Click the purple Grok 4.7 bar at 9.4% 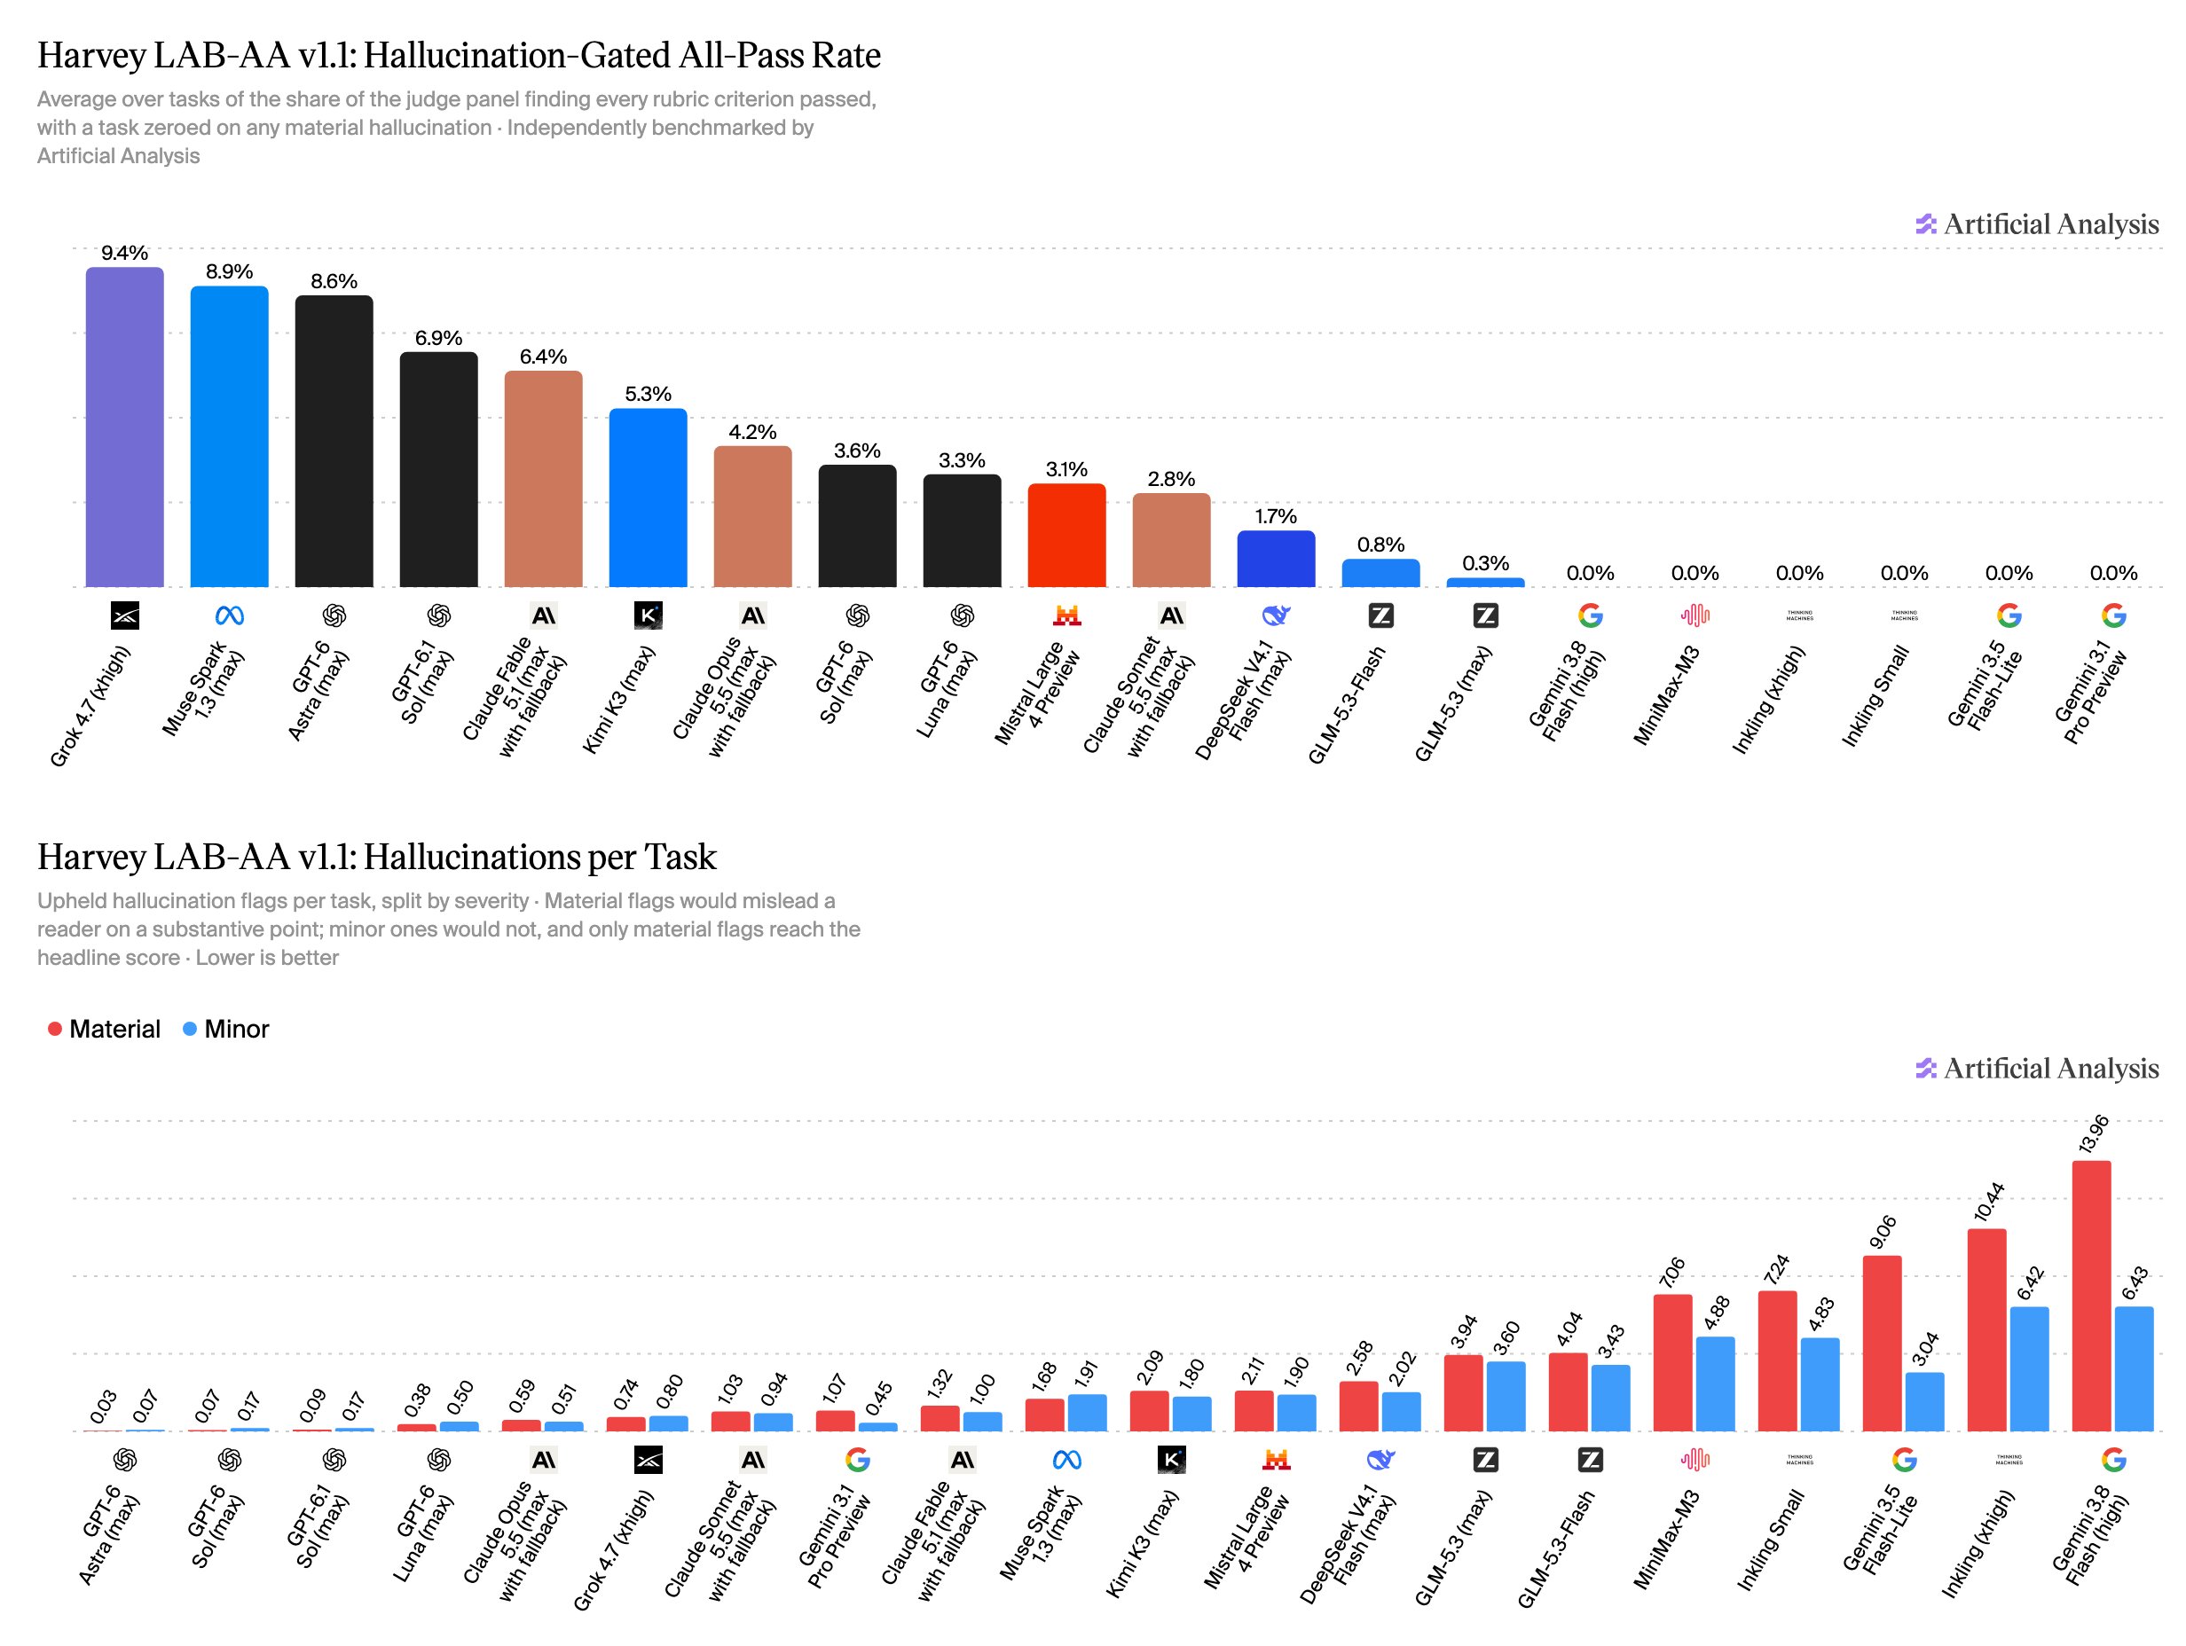coord(124,427)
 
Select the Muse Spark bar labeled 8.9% coord(229,436)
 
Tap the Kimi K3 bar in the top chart coord(649,498)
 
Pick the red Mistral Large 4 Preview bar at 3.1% coord(1066,536)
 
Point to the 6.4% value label coord(544,357)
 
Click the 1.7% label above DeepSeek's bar coord(1276,517)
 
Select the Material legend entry coord(104,1029)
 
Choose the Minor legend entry coord(226,1029)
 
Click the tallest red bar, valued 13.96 coord(2091,1297)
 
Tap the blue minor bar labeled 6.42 coord(2029,1369)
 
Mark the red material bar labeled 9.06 coord(1882,1344)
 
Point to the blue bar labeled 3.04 coord(1924,1402)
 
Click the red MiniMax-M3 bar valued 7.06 coord(1672,1362)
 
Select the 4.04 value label coord(1569,1329)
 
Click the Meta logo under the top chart coord(229,616)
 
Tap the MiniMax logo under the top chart coord(1695,616)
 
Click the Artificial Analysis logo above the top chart coord(2037,224)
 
